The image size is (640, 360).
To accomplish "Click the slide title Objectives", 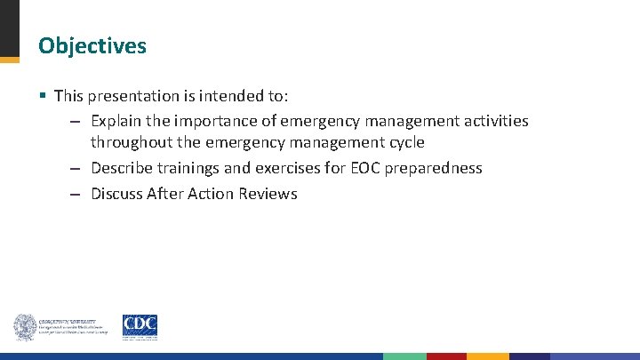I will pyautogui.click(x=92, y=45).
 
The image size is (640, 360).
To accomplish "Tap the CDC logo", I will pyautogui.click(x=140, y=326).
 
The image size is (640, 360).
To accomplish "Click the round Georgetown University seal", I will pyautogui.click(x=24, y=327).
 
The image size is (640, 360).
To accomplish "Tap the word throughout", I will pyautogui.click(x=132, y=142).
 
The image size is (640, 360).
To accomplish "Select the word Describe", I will pyautogui.click(x=123, y=168).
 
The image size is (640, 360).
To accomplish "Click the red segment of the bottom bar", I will pyautogui.click(x=446, y=356).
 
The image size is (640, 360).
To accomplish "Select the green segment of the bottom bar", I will pyautogui.click(x=404, y=356).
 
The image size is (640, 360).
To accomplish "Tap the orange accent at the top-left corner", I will pyautogui.click(x=9, y=60).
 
